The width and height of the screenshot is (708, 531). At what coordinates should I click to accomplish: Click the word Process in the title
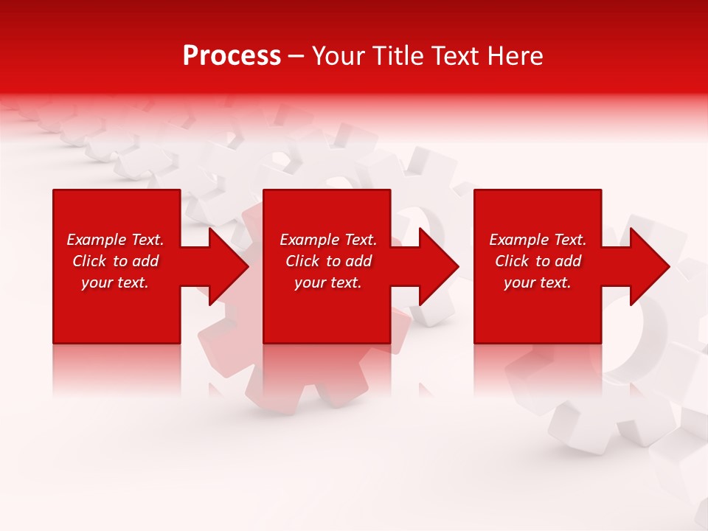232,56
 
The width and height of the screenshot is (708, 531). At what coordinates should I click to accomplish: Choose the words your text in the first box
115,282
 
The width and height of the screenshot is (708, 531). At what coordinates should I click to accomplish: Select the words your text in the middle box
327,282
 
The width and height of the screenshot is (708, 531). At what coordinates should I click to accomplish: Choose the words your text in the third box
538,282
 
